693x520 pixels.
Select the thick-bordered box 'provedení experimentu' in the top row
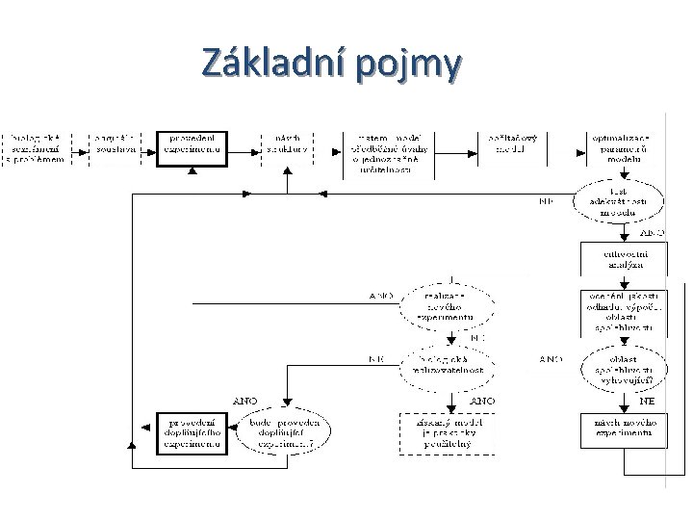192,144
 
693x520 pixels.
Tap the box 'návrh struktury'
288,144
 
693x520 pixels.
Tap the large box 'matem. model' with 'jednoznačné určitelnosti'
398,149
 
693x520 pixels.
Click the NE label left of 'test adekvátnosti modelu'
546,202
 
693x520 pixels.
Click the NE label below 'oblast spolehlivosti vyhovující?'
649,400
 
